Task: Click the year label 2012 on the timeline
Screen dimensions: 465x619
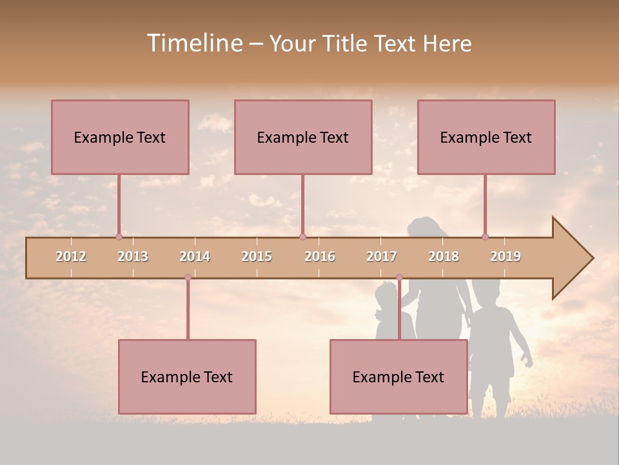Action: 71,256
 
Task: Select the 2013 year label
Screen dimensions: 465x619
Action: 133,256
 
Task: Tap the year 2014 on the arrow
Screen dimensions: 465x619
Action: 195,256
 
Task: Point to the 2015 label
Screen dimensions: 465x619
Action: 257,256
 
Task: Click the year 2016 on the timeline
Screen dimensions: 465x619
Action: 320,256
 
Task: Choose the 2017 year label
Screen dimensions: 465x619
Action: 382,256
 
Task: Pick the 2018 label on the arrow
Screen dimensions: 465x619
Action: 444,256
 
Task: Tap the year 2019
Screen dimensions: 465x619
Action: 506,256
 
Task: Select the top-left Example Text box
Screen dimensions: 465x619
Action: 120,137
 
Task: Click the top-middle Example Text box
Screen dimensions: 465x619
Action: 303,137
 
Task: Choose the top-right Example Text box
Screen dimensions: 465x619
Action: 486,137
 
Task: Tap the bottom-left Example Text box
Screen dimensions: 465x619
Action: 187,377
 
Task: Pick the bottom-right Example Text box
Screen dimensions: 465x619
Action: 398,377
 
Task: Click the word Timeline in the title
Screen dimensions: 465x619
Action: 195,43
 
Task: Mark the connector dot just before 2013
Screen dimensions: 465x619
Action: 119,236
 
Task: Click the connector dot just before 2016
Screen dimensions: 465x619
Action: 302,236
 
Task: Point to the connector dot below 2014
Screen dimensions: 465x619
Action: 188,277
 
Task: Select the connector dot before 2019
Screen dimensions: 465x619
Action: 485,236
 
